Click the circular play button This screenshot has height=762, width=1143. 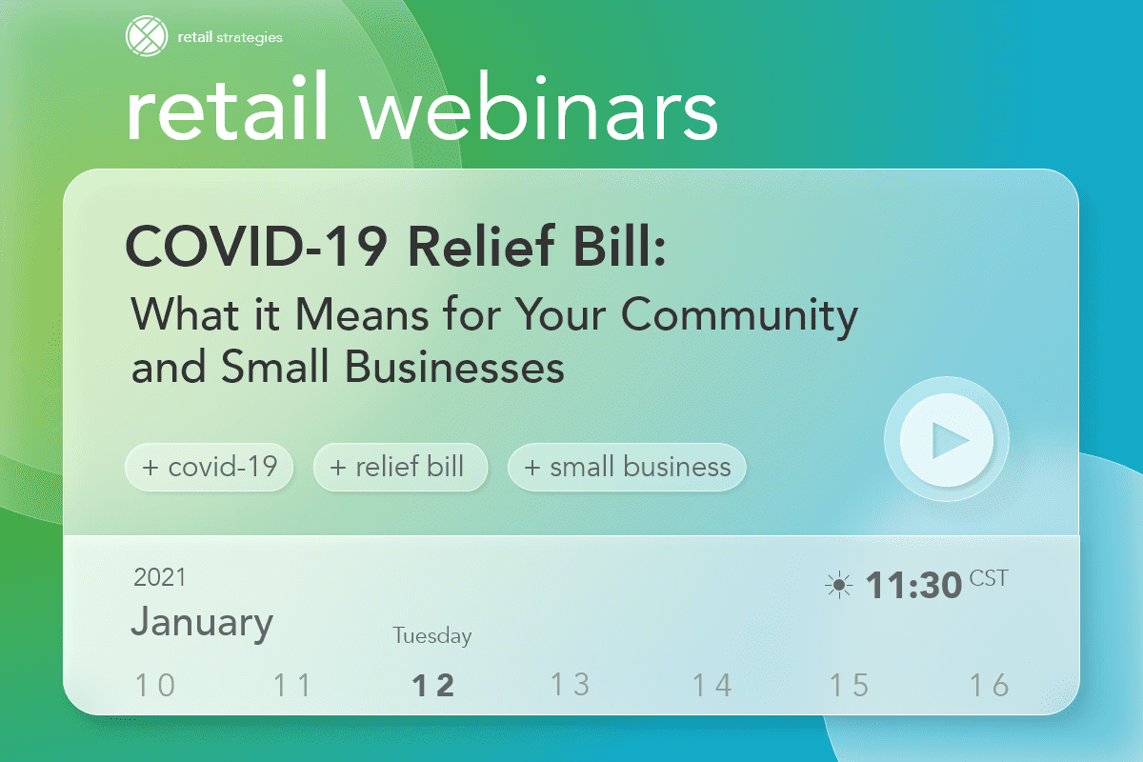point(946,440)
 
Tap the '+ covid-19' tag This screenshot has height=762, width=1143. point(209,467)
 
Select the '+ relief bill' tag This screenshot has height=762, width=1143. point(400,467)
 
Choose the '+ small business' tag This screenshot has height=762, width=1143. point(627,467)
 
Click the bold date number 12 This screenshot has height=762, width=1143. point(432,685)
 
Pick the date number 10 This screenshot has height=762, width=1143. point(155,685)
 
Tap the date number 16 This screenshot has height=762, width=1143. point(989,685)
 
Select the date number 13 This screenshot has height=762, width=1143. point(571,685)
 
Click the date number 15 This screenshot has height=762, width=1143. point(849,685)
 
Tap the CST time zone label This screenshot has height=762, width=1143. point(988,577)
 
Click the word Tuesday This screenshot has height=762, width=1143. point(432,635)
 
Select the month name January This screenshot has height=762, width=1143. point(202,622)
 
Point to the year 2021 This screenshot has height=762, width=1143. point(160,577)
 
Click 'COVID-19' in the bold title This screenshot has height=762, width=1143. point(257,250)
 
